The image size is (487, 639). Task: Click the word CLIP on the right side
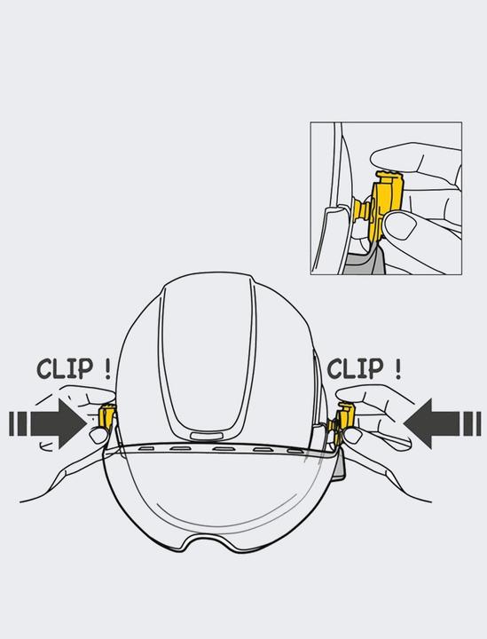coord(355,367)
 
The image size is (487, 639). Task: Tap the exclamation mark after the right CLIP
coord(397,367)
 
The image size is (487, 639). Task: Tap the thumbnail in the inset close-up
coord(403,228)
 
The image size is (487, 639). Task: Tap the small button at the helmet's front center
coord(207,435)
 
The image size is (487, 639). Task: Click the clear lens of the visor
coord(222,497)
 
